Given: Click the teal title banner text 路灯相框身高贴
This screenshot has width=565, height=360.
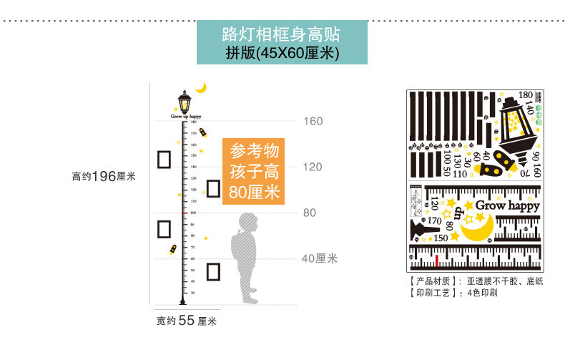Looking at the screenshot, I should click(281, 34).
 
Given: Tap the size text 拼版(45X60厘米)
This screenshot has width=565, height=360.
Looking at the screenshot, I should click(281, 52).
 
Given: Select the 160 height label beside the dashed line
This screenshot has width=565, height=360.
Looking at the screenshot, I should click(313, 121).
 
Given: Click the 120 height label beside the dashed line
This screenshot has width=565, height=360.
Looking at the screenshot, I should click(313, 167).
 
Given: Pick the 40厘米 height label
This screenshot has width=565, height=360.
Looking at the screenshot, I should click(318, 258).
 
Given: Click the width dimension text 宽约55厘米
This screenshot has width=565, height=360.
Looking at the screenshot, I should click(187, 321).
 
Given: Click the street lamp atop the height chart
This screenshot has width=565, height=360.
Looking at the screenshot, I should click(185, 102).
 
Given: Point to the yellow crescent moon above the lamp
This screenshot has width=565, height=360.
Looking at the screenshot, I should click(202, 87).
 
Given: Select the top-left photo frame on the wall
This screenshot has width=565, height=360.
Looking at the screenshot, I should click(164, 158).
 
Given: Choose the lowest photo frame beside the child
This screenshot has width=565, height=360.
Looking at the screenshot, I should click(214, 272).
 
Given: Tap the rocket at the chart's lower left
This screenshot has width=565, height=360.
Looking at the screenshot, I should click(173, 249).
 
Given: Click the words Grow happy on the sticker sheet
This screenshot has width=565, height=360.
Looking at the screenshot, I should click(507, 205).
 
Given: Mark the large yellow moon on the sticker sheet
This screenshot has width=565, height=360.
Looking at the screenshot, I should click(477, 228).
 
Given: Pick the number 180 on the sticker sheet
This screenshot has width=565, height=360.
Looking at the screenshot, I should click(525, 94).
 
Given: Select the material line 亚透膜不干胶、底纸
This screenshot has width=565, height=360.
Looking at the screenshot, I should click(504, 281).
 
